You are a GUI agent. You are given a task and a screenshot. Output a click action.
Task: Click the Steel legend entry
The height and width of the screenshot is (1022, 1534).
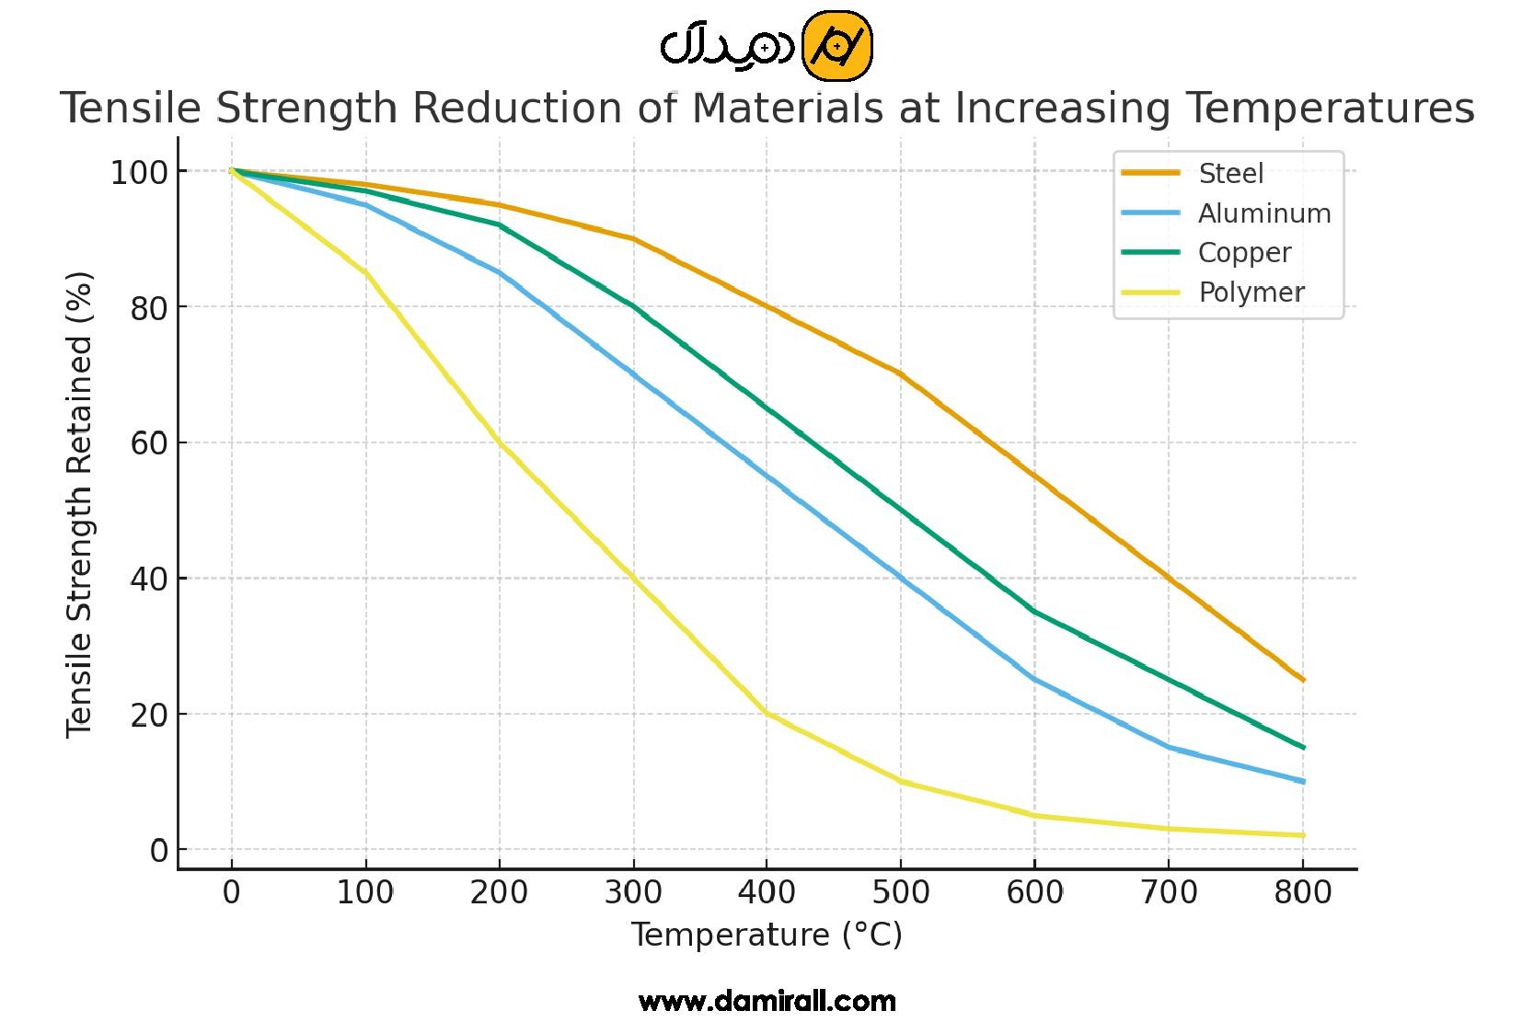pos(1230,173)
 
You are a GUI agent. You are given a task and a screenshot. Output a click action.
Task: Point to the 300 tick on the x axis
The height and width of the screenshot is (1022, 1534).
pos(633,892)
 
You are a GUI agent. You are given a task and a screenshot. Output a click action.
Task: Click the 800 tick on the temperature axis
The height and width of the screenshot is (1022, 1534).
pos(1302,892)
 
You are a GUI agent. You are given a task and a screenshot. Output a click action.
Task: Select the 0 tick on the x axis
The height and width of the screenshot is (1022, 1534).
pos(231,892)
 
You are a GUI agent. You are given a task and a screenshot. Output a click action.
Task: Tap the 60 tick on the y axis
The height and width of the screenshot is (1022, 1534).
pos(148,443)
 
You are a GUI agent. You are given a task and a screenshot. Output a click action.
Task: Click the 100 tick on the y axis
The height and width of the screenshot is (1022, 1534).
pos(139,172)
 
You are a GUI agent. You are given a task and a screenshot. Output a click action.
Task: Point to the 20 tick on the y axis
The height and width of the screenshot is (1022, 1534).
pos(148,715)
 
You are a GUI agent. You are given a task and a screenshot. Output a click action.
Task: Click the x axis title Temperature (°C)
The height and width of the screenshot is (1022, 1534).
pos(767,936)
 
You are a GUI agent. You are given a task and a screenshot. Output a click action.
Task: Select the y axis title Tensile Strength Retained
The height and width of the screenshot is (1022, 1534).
pos(81,504)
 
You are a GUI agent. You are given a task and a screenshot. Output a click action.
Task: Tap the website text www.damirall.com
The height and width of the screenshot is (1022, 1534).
pos(767,1001)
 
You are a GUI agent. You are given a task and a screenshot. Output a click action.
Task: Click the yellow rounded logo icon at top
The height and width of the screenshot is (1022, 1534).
pos(836,46)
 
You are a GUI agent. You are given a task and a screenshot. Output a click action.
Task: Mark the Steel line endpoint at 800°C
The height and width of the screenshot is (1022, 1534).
pos(1303,680)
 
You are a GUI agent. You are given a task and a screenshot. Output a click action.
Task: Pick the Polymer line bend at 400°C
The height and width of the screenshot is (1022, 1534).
pos(767,713)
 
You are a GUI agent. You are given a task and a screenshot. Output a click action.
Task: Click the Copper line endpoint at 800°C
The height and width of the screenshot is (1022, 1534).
pos(1303,748)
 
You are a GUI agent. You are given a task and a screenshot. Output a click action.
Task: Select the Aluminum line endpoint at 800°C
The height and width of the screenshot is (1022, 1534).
pos(1303,782)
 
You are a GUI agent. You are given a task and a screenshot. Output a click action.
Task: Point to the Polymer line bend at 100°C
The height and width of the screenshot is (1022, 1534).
pos(365,273)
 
